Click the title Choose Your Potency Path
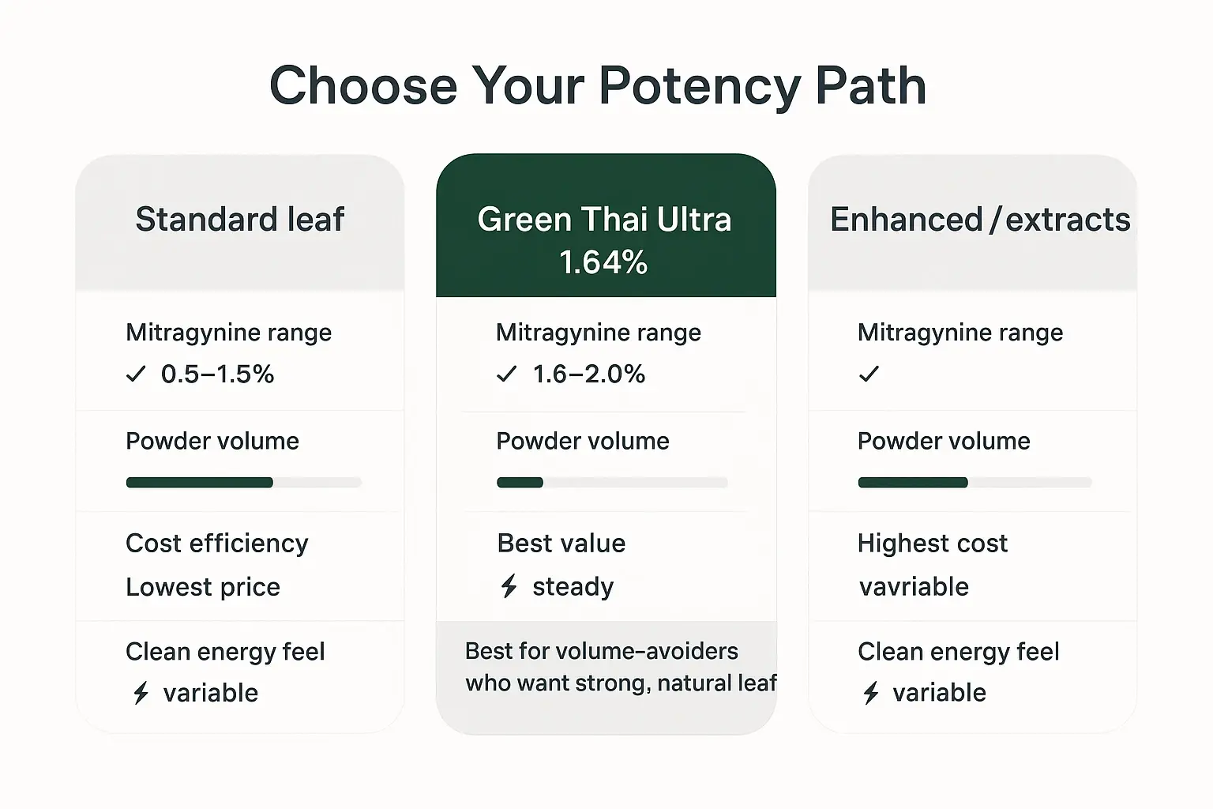point(598,85)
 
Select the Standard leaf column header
point(239,220)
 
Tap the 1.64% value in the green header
point(603,262)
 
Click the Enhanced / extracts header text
point(979,220)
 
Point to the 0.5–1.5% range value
point(217,374)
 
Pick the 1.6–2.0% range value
point(588,374)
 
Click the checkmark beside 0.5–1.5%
point(136,374)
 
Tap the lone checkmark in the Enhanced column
point(869,374)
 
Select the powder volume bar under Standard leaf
point(200,482)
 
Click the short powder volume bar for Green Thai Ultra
point(520,482)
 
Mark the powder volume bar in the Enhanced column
point(913,482)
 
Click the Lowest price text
point(203,587)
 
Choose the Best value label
point(561,544)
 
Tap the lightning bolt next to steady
point(509,586)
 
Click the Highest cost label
point(932,544)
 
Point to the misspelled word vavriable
point(914,587)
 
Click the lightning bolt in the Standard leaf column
point(141,693)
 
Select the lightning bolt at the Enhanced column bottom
point(871,693)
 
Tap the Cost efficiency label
point(216,544)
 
